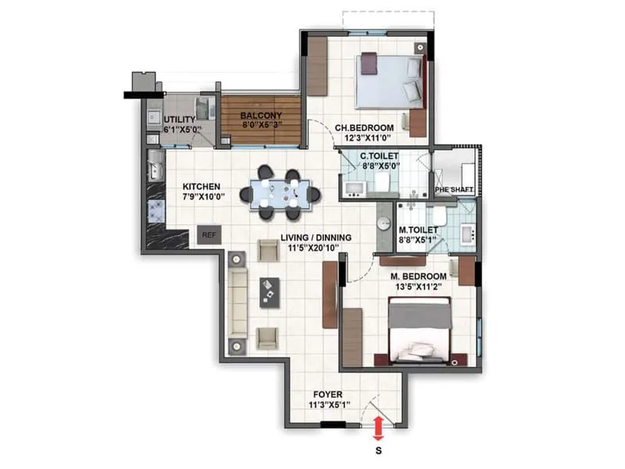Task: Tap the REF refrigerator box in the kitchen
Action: pos(209,234)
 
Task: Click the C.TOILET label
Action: pos(379,156)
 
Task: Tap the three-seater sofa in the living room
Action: pos(237,302)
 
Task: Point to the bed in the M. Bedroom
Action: pos(420,331)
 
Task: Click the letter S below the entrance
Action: pos(379,451)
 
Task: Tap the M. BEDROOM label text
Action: pos(419,277)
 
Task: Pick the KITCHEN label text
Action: pos(201,187)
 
